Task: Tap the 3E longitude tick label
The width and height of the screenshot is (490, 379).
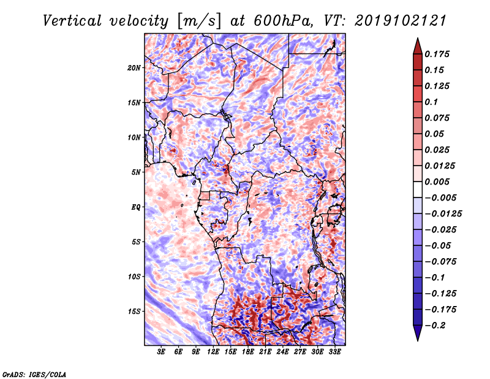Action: (162, 353)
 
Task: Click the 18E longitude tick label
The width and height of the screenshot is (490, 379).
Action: (249, 353)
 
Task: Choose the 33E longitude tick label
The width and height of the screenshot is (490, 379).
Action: (335, 353)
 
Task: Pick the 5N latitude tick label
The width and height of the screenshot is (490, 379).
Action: (137, 172)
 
